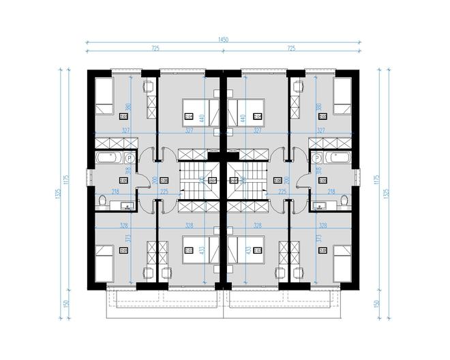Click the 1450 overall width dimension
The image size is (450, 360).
tap(223, 40)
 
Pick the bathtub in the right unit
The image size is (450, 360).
tap(339, 159)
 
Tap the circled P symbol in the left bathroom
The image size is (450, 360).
tap(129, 157)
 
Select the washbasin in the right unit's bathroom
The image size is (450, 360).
tap(320, 205)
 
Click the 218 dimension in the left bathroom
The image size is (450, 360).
tap(116, 193)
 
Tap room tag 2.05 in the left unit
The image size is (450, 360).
tap(124, 251)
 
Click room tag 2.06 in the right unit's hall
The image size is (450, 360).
tap(277, 180)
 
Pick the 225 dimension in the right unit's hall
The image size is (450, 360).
tap(282, 193)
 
